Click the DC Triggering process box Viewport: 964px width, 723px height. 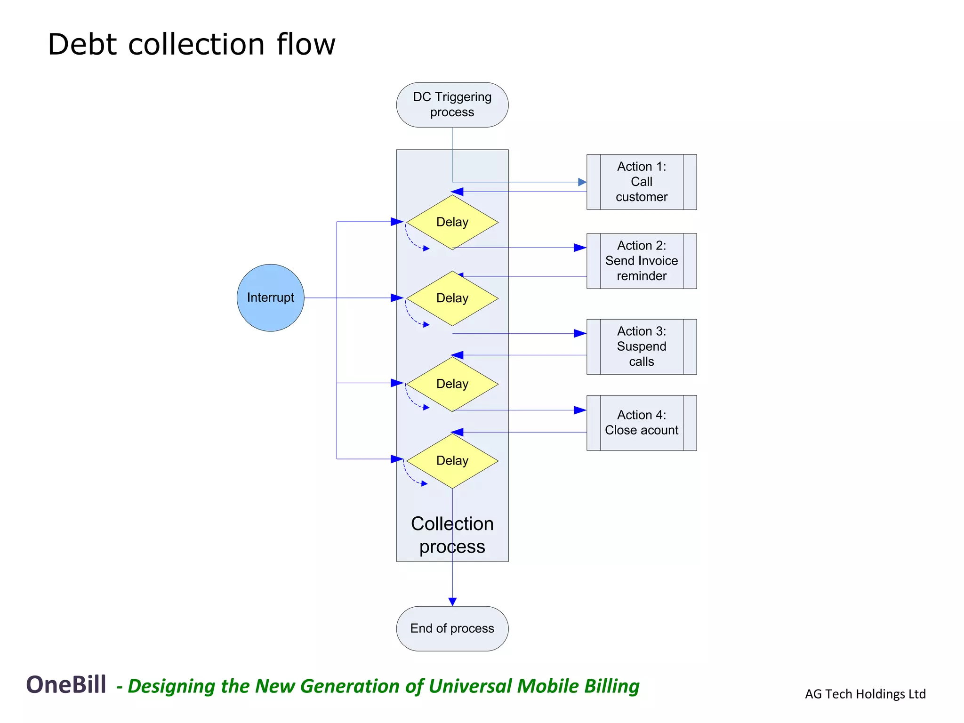click(x=452, y=104)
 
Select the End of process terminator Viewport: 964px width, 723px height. click(x=452, y=628)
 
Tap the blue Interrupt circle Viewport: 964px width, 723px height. click(x=270, y=297)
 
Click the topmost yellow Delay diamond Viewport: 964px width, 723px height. click(x=452, y=222)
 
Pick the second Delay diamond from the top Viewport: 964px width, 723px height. click(x=452, y=298)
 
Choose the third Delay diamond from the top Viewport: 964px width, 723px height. click(x=452, y=384)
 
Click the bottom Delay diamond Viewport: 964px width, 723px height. click(x=452, y=461)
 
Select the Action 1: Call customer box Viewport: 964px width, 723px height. click(x=641, y=182)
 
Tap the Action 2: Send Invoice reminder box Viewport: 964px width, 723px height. click(x=641, y=261)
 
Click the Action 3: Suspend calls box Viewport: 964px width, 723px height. click(x=641, y=346)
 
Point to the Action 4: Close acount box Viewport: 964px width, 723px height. click(x=641, y=423)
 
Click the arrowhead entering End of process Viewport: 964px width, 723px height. click(x=452, y=602)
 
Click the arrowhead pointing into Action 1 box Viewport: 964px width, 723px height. click(x=582, y=182)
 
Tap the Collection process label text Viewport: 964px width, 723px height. click(x=452, y=535)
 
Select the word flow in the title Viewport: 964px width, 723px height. click(x=306, y=45)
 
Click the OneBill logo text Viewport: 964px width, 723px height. click(x=66, y=684)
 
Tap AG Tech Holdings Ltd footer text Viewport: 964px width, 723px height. click(x=865, y=694)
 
